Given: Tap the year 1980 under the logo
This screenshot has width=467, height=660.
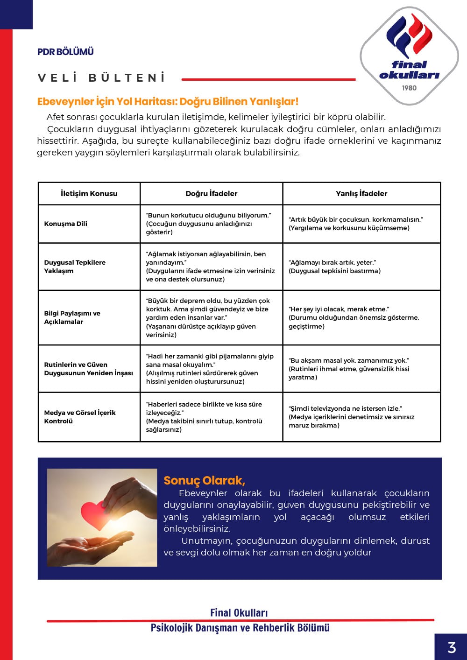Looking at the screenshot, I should tap(409, 88).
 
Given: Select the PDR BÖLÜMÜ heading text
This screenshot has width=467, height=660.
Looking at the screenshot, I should tap(65, 52).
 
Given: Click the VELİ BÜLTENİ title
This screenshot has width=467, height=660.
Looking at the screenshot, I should tap(101, 78).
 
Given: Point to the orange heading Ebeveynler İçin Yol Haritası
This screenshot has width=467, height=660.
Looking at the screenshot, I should tap(167, 102).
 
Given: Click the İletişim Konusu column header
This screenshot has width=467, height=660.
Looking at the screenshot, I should tap(89, 193).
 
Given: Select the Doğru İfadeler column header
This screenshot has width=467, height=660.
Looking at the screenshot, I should tap(211, 193).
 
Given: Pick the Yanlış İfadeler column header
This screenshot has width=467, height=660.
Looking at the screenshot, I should tap(361, 193).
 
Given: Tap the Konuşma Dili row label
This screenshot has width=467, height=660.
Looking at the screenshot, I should tap(66, 224).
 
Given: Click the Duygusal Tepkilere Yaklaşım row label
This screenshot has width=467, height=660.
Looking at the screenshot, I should tap(75, 267).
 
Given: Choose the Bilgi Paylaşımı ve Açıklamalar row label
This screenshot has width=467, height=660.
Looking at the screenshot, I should tap(72, 317).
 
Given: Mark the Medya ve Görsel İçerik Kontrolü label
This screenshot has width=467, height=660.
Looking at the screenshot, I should tap(80, 417).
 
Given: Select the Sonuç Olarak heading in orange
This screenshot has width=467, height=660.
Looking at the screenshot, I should tap(204, 480).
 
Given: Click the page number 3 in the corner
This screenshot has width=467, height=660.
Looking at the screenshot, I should tap(451, 647).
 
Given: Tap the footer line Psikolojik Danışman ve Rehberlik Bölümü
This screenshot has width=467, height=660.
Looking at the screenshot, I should tap(240, 628).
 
